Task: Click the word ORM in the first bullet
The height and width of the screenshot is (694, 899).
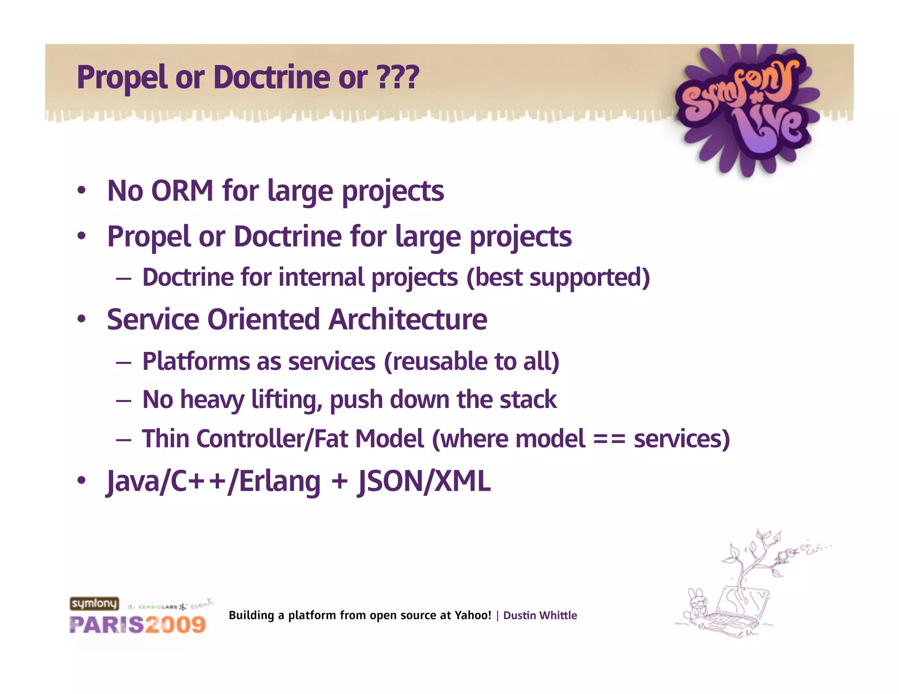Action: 182,191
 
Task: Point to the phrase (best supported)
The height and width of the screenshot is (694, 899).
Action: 558,277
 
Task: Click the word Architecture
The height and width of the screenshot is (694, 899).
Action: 408,319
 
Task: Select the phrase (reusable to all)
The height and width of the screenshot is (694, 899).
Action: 471,361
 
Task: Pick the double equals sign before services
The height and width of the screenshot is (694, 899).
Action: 609,439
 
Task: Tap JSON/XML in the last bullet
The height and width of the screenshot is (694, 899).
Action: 424,481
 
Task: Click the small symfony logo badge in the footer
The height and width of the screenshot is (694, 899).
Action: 94,604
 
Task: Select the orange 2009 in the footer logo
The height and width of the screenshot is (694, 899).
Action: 176,625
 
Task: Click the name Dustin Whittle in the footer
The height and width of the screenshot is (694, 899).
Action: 539,615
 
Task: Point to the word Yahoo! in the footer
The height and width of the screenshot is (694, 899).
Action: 473,615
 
